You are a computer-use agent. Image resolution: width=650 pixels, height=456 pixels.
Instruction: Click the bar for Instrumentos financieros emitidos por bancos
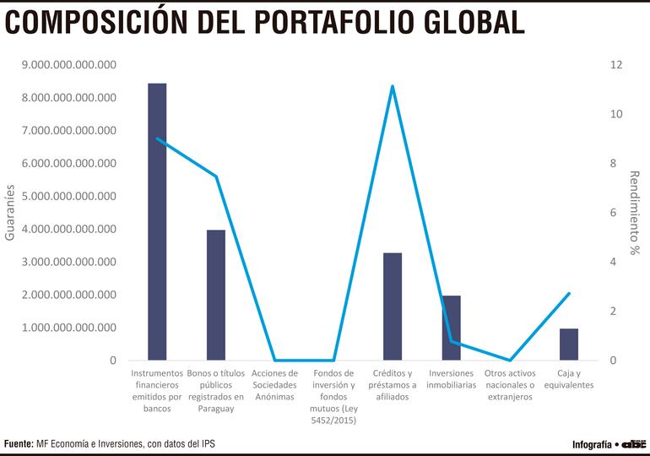[157, 221]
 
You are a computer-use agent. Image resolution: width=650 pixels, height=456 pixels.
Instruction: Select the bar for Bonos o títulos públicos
[216, 295]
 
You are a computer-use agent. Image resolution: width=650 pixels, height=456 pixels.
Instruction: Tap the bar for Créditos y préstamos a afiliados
[393, 307]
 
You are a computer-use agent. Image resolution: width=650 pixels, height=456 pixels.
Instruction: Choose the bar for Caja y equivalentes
[569, 345]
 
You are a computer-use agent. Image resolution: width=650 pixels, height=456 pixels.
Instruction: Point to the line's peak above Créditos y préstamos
[393, 86]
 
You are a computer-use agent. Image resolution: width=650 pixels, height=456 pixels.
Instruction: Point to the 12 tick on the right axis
[617, 65]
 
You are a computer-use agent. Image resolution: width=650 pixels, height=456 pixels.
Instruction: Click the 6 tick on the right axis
[615, 213]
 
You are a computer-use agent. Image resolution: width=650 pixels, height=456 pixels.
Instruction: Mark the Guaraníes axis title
[10, 213]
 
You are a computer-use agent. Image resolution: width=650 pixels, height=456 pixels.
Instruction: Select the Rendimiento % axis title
[635, 213]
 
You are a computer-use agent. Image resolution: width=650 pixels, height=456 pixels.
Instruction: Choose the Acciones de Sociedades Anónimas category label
[274, 384]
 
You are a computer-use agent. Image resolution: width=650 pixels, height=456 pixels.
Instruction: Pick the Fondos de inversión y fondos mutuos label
[333, 396]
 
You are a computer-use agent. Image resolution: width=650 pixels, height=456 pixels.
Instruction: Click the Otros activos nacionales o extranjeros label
[510, 384]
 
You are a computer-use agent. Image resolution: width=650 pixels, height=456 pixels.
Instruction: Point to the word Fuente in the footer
[18, 443]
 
